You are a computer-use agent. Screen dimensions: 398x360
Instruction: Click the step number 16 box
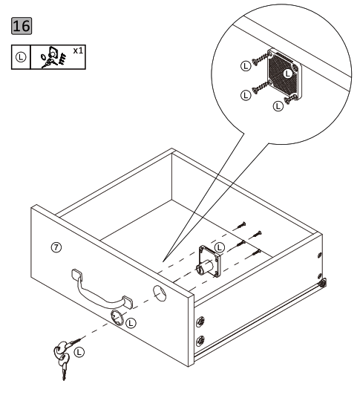(22, 27)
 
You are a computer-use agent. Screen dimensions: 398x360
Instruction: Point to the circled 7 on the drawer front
(56, 246)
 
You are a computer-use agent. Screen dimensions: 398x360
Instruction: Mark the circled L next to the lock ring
(131, 323)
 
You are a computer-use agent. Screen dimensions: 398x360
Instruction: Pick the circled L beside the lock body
(219, 246)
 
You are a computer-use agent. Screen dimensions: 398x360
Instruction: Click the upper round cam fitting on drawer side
(200, 323)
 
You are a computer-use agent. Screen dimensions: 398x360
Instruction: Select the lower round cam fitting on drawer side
(200, 342)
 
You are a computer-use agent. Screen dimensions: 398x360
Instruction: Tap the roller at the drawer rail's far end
(324, 283)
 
